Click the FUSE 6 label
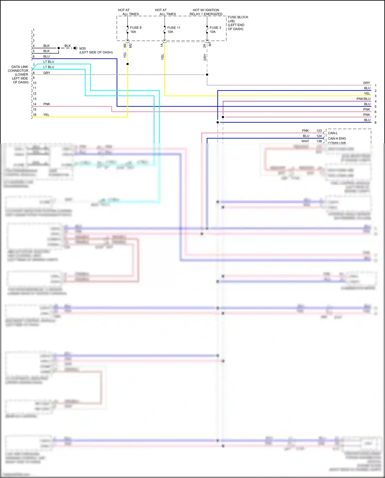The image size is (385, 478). point(136,27)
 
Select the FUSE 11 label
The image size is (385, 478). point(174,27)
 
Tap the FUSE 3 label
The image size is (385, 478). point(215,27)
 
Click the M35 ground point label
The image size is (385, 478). point(82,48)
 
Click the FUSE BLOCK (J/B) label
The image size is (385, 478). point(238,19)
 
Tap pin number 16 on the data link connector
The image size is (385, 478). point(35,115)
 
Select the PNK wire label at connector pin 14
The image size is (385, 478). point(46,104)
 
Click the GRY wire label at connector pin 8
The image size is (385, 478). point(46,73)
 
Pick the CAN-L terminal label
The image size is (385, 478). point(333,133)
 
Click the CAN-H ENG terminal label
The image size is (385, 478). point(337,138)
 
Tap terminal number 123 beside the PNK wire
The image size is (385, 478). point(319,130)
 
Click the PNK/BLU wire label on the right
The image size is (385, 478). point(363,99)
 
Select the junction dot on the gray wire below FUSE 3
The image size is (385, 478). point(207,74)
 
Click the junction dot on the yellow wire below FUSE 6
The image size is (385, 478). point(128,64)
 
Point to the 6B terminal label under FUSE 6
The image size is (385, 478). point(125,45)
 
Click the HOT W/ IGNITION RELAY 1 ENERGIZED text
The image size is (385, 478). point(206,12)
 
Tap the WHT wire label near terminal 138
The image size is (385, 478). point(305,141)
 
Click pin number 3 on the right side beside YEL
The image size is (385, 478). point(375,96)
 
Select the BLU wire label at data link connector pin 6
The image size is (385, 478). point(46,56)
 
